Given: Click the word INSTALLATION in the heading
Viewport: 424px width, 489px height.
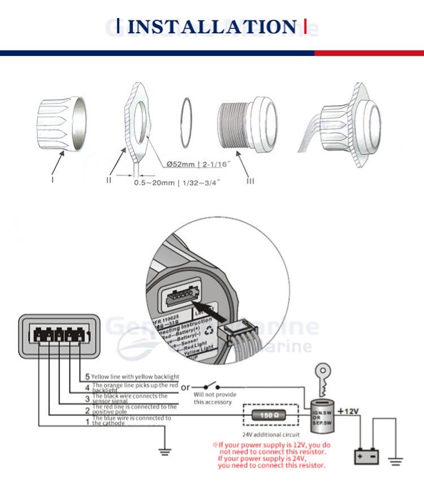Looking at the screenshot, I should pos(211,27).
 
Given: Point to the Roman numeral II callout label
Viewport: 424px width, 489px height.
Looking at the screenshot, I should pos(109,180).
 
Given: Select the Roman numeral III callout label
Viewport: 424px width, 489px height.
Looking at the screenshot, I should pos(250,180).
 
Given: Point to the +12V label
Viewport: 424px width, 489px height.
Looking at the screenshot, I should pos(349,411).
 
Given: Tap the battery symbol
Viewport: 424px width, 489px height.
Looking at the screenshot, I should pos(366,456).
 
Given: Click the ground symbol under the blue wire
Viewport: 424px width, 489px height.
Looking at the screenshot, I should pos(165,451).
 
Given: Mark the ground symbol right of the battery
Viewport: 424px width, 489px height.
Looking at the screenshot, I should pos(395,461).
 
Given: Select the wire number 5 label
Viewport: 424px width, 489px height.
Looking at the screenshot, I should pos(87,377).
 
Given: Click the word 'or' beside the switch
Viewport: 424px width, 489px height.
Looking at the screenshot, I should pos(185,387).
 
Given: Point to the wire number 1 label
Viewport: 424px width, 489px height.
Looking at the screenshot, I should pos(87,421).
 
